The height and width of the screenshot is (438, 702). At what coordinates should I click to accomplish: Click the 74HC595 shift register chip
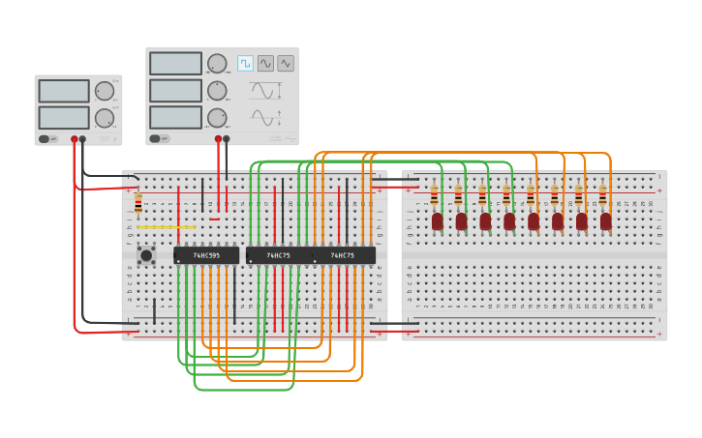(206, 255)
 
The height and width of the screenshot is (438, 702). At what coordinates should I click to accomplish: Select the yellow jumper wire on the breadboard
(166, 227)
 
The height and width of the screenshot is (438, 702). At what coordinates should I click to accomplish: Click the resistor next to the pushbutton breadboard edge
(138, 203)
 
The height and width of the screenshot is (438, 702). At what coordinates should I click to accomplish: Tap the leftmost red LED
(438, 221)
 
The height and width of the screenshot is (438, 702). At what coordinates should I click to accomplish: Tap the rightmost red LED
(606, 221)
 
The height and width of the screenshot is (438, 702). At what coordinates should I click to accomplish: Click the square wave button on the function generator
(246, 63)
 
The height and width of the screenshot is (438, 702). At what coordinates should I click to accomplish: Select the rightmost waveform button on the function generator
(286, 63)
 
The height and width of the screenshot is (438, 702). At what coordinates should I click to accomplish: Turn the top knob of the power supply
(104, 91)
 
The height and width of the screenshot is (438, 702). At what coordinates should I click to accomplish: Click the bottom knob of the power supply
(104, 118)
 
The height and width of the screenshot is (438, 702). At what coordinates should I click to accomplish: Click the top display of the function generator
(176, 64)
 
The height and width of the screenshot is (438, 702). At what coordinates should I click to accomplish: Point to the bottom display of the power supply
(64, 118)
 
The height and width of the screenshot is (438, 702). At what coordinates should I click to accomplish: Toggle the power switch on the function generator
(158, 138)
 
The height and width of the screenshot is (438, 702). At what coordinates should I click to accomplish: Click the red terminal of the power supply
(74, 139)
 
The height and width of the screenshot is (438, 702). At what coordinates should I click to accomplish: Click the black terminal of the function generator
(227, 139)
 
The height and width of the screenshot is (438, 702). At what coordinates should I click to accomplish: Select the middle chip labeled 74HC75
(278, 255)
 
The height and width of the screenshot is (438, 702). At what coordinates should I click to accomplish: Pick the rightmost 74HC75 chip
(343, 255)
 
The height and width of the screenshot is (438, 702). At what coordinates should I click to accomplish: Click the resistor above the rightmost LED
(602, 196)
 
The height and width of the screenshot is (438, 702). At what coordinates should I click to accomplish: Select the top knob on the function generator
(217, 64)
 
